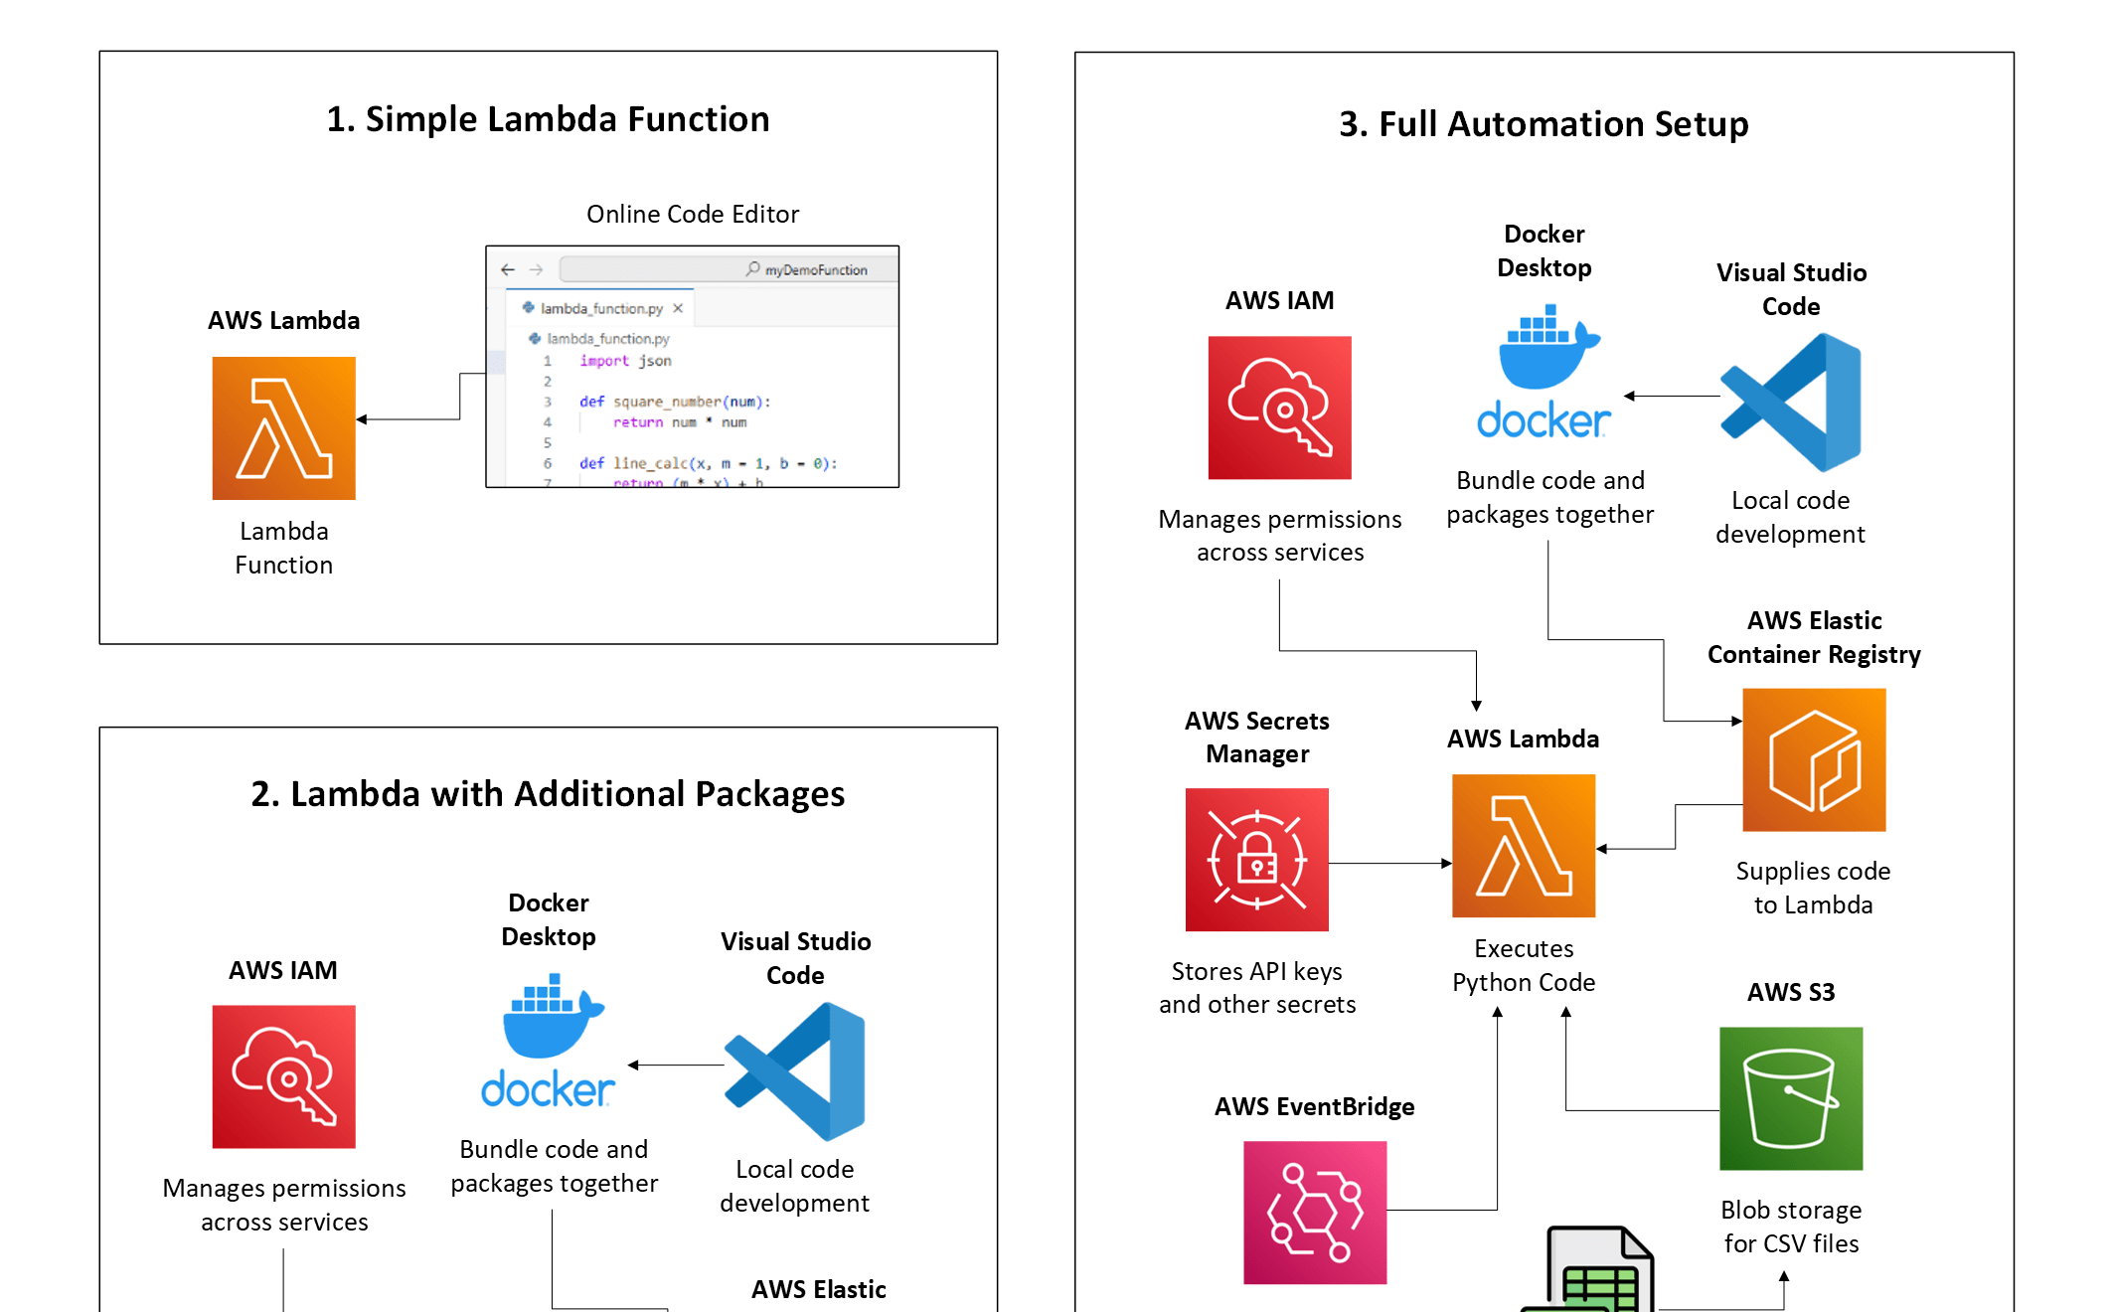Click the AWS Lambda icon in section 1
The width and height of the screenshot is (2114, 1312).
(283, 428)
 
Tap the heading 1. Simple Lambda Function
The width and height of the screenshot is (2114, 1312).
(548, 119)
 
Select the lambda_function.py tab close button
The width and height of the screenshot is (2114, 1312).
(678, 308)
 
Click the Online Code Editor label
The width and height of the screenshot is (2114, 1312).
(692, 214)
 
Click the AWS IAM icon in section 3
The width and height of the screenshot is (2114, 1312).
(1279, 408)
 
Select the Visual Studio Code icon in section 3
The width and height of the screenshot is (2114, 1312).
(1791, 402)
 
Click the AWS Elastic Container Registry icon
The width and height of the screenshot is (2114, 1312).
(1814, 759)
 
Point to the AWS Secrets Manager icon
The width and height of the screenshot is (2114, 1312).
(1256, 860)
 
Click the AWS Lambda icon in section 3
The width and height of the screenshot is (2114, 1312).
(1523, 846)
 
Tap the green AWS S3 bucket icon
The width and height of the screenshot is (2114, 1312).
(1791, 1098)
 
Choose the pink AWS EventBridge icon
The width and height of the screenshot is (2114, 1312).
(1314, 1213)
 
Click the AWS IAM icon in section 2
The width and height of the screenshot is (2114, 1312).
(283, 1076)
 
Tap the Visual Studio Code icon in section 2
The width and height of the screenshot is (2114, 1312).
(795, 1070)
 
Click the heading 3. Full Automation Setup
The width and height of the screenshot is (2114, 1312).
(1543, 124)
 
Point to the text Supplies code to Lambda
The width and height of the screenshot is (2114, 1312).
(1813, 888)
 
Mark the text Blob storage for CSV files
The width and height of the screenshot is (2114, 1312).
(1791, 1227)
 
